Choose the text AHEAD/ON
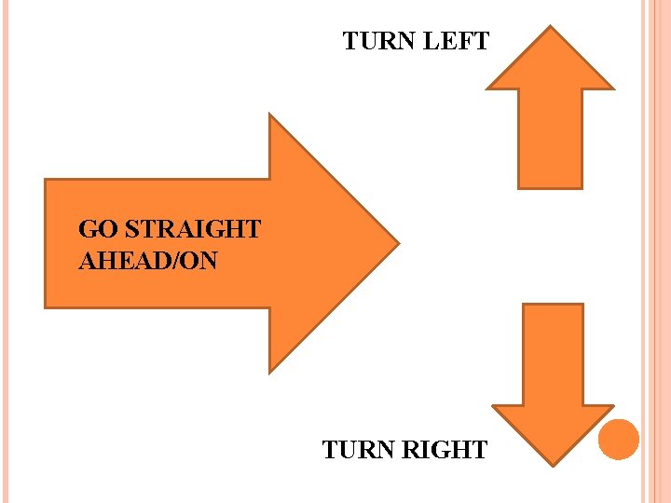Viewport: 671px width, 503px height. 148,261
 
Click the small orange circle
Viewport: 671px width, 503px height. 619,439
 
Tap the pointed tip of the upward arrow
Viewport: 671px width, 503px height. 552,27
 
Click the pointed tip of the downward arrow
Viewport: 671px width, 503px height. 552,463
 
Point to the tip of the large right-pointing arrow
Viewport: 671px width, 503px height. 398,243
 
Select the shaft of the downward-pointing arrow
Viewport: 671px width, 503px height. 553,354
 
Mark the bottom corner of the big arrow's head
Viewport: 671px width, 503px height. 269,372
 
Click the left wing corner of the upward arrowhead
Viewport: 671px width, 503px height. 488,88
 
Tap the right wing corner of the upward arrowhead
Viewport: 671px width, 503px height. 614,88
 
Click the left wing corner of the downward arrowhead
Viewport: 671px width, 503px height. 493,406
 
